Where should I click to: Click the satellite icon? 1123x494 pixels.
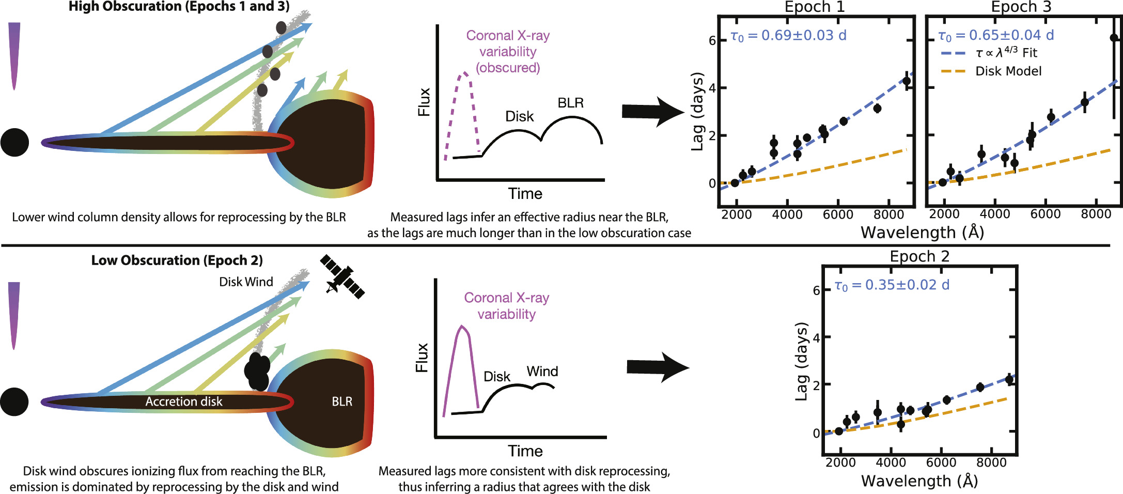pyautogui.click(x=342, y=276)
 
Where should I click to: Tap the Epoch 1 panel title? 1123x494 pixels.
pyautogui.click(x=815, y=7)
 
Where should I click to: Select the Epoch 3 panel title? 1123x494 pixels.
pyautogui.click(x=1021, y=7)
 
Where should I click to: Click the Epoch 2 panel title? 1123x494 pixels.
pyautogui.click(x=919, y=256)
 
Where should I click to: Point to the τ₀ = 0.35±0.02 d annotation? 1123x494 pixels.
pyautogui.click(x=892, y=285)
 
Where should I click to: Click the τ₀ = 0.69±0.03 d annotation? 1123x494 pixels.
pyautogui.click(x=788, y=36)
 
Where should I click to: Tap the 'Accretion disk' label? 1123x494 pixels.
pyautogui.click(x=183, y=402)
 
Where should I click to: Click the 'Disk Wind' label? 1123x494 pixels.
pyautogui.click(x=246, y=282)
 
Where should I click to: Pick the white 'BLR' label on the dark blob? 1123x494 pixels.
pyautogui.click(x=342, y=402)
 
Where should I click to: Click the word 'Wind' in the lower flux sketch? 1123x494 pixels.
pyautogui.click(x=542, y=372)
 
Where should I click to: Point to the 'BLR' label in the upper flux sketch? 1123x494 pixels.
pyautogui.click(x=570, y=103)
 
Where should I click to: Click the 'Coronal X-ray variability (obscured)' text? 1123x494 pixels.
pyautogui.click(x=507, y=52)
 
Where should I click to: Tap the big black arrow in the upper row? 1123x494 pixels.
pyautogui.click(x=652, y=111)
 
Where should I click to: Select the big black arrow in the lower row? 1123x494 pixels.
pyautogui.click(x=657, y=367)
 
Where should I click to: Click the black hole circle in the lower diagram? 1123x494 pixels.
pyautogui.click(x=14, y=402)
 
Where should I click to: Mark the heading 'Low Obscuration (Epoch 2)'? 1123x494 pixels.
pyautogui.click(x=177, y=260)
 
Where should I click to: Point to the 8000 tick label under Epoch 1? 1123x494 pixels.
pyautogui.click(x=888, y=214)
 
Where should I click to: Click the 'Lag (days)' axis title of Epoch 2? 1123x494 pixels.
pyautogui.click(x=801, y=361)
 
